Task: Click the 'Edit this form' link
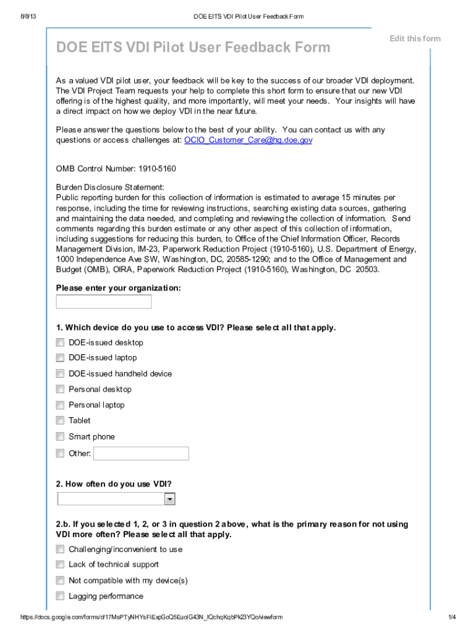415,38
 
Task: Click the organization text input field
104,302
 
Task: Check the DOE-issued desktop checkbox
60,342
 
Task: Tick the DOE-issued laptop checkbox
60,358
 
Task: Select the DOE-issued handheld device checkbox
60,373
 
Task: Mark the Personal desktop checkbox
60,389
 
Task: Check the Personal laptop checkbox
60,405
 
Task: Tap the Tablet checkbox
60,420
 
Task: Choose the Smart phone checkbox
60,436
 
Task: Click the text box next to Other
141,454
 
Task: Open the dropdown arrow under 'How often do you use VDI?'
169,499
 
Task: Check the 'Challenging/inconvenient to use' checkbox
60,549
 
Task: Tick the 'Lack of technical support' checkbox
60,564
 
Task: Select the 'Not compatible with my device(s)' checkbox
60,580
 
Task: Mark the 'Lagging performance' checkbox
60,596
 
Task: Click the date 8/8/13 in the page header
28,16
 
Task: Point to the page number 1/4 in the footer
451,618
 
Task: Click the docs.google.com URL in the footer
151,618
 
